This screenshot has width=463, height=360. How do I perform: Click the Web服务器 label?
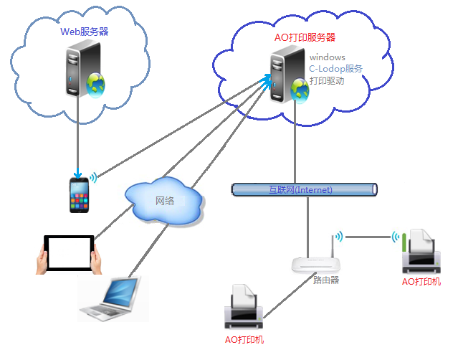(85, 32)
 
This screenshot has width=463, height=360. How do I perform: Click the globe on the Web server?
(96, 84)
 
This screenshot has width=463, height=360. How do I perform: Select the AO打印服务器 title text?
(305, 37)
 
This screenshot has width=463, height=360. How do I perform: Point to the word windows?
(328, 57)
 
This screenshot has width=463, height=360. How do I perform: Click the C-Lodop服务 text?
(335, 69)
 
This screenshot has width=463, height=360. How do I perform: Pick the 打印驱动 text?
(327, 81)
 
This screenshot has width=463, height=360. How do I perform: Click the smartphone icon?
(80, 194)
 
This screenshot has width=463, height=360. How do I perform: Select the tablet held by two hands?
(69, 253)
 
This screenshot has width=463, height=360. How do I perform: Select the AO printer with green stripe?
(421, 252)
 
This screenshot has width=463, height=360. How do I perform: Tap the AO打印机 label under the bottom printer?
(244, 339)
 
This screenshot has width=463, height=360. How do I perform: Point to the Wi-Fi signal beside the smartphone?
(94, 176)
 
